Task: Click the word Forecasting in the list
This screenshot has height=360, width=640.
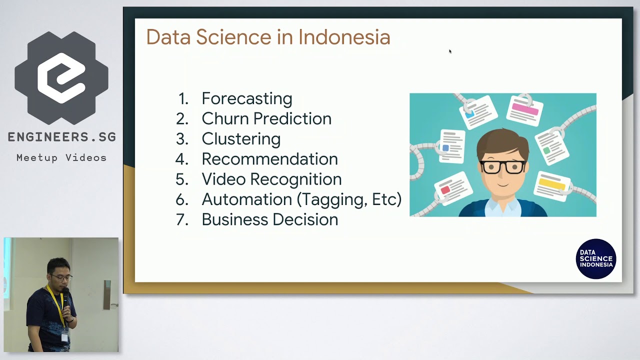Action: [x=246, y=98]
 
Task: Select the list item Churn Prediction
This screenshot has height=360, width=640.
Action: [x=266, y=118]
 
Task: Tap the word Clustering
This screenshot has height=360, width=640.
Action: [x=240, y=138]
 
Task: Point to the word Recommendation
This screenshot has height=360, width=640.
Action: [x=269, y=159]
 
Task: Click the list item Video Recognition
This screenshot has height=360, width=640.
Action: [x=271, y=179]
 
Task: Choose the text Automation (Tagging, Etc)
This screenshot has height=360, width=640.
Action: [x=301, y=199]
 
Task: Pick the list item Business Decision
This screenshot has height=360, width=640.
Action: [x=269, y=219]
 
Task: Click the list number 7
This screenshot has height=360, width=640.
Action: [x=182, y=219]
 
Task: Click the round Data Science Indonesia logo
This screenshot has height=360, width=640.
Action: [x=595, y=258]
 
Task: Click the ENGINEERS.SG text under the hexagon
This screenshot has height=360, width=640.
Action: [x=61, y=137]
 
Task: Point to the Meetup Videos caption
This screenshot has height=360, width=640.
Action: [x=61, y=158]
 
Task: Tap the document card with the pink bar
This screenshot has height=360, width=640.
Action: [x=524, y=110]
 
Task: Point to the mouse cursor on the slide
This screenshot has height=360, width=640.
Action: [x=450, y=51]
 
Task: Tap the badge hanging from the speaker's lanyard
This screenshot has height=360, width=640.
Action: [x=64, y=336]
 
